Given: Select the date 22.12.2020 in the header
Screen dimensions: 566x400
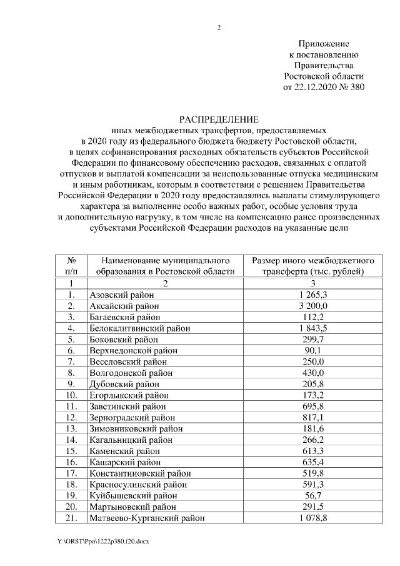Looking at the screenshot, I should pyautogui.click(x=318, y=87).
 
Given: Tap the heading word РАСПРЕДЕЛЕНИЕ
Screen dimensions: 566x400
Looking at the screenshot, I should pyautogui.click(x=219, y=119).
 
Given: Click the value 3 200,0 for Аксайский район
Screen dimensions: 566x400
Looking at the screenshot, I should pyautogui.click(x=312, y=306).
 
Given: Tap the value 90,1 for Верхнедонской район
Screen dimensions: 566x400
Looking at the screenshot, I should pyautogui.click(x=312, y=350).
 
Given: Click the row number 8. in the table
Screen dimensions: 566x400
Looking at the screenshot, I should pyautogui.click(x=72, y=373).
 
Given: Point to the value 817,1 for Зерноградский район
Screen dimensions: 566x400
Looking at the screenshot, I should pyautogui.click(x=312, y=417).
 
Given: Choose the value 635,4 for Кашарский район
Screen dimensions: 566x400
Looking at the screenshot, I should pyautogui.click(x=312, y=462).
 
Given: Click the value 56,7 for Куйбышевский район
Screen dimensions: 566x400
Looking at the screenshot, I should pyautogui.click(x=312, y=495).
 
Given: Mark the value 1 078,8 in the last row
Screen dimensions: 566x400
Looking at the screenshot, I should pyautogui.click(x=312, y=518).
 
